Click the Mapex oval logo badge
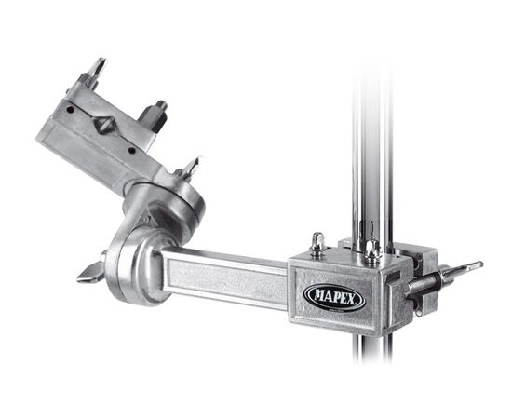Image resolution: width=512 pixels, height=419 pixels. pos(335,297)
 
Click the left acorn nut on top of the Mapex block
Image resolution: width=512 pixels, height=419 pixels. pos(317,243)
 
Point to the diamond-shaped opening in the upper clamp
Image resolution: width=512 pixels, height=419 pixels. pos(104,125)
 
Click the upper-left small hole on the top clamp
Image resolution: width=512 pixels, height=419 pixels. pos(70,110)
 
